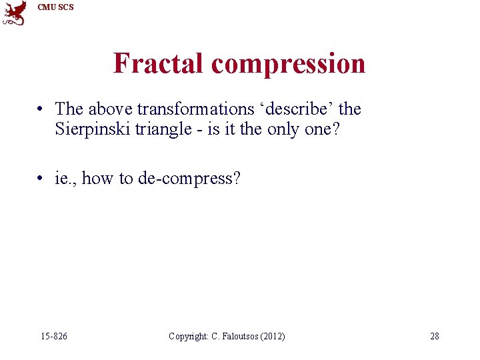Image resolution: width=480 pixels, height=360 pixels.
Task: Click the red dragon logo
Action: pos(14,13)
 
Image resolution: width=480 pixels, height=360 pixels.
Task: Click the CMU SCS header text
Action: pos(55,7)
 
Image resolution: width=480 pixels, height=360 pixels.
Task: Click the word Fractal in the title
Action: pos(159,63)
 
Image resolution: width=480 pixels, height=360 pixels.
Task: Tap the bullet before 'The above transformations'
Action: pos(41,109)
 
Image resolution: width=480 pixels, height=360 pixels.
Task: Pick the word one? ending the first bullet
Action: pos(323,129)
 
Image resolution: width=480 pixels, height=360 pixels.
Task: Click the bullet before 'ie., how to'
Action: pos(41,179)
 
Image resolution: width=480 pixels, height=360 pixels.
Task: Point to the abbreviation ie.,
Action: pos(66,179)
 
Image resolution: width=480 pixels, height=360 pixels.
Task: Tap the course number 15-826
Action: pos(53,336)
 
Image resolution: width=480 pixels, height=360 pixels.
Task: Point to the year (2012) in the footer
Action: pos(273,336)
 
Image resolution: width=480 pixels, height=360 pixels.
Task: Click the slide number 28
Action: pos(434,336)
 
